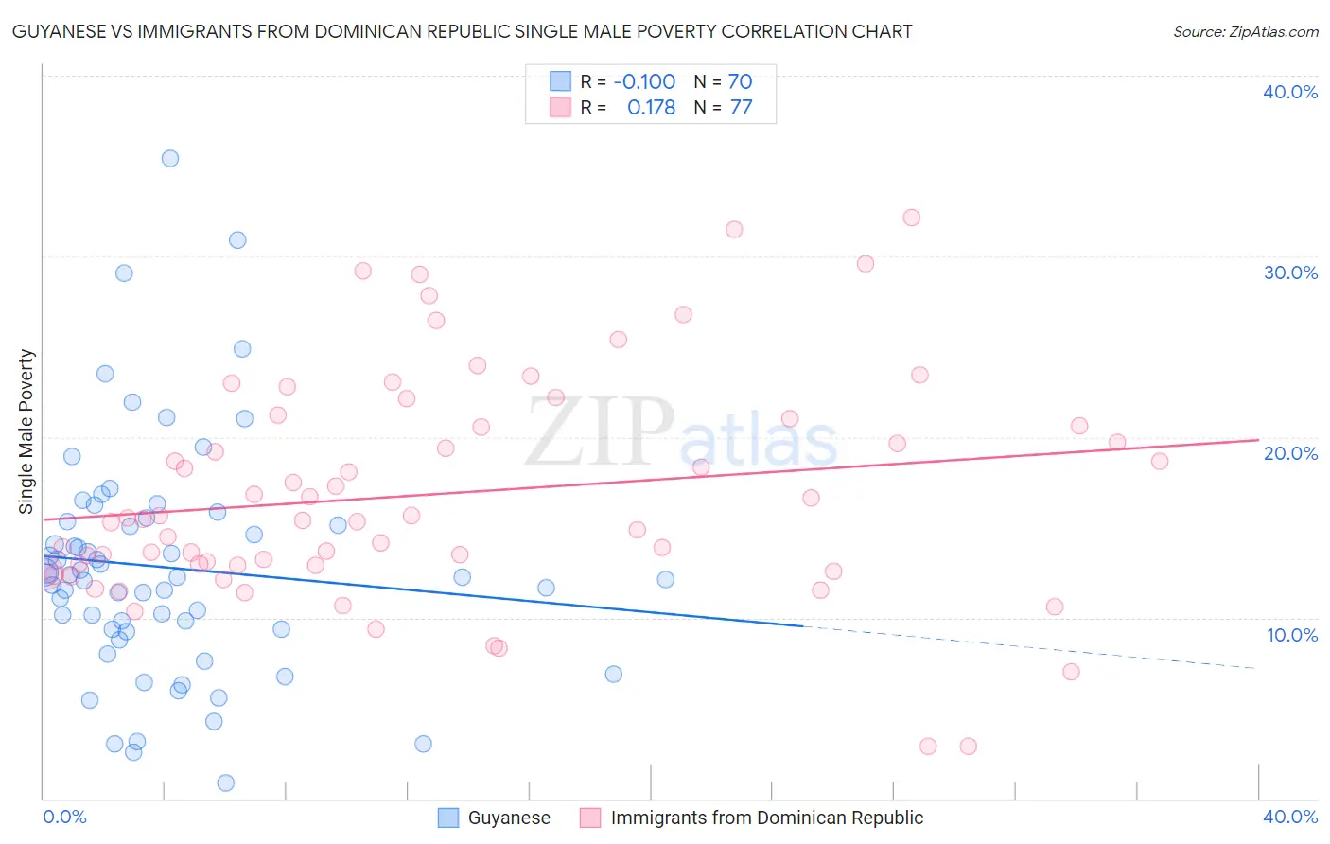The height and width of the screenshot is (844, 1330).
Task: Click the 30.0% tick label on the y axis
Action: click(1290, 273)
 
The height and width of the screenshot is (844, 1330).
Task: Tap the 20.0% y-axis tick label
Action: click(1290, 453)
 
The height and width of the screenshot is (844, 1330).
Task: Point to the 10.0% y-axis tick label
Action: click(1292, 635)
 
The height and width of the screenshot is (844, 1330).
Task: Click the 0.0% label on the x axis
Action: click(65, 817)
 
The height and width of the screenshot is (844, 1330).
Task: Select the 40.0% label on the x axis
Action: click(1290, 817)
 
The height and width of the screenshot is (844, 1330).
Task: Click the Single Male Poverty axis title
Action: click(26, 431)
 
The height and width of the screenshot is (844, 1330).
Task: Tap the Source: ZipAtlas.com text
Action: click(1245, 32)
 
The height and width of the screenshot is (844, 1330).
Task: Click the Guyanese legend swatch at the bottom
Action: click(448, 818)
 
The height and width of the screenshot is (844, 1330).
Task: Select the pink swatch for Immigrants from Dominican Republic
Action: click(590, 818)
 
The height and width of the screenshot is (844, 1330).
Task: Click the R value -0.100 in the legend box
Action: click(644, 81)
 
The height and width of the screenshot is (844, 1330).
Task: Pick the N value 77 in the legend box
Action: click(741, 107)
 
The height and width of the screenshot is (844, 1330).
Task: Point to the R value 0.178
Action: click(651, 107)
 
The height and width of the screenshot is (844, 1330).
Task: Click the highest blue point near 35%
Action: click(170, 158)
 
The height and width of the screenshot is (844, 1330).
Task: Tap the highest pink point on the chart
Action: click(911, 218)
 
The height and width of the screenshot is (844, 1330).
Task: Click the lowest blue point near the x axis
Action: click(225, 782)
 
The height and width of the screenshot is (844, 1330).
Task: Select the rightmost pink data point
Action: click(1160, 461)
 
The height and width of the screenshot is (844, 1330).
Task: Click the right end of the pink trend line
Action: click(1258, 439)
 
